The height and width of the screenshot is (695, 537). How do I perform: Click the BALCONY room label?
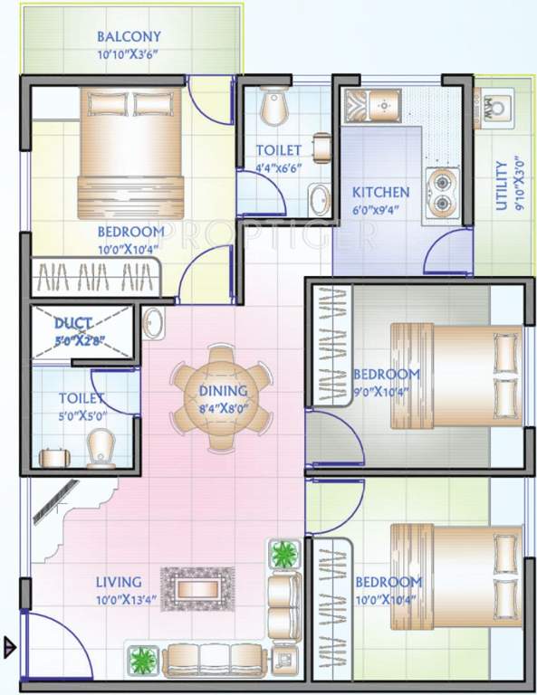[129, 37]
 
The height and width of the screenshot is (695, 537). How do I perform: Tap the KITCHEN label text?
[380, 193]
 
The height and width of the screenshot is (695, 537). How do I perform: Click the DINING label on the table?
[223, 391]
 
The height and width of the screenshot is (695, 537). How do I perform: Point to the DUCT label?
[71, 323]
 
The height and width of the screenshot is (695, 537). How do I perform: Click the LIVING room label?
[118, 582]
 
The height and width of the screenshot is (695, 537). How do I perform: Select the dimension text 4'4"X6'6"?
[265, 167]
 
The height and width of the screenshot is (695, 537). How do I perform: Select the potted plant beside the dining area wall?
[284, 553]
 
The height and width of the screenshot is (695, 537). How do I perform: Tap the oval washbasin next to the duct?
[152, 322]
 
